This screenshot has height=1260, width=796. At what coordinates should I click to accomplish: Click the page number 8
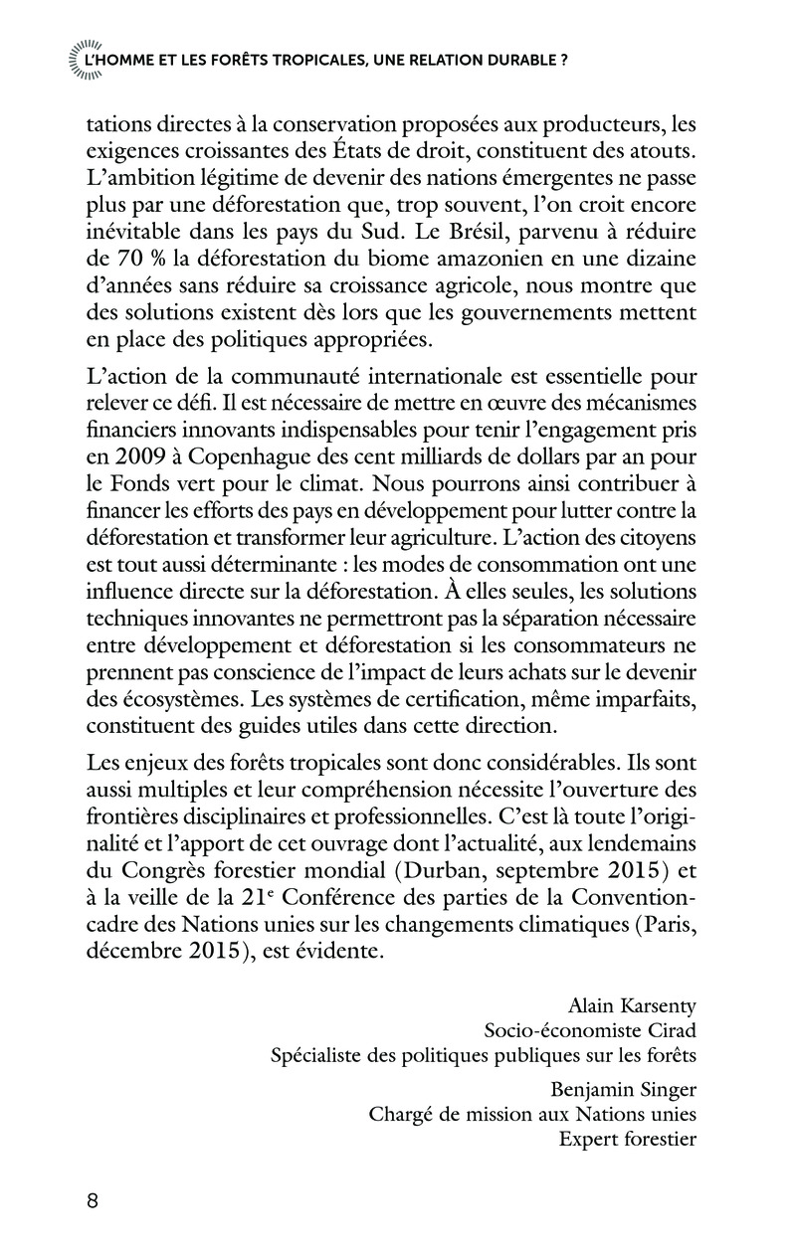tap(93, 1199)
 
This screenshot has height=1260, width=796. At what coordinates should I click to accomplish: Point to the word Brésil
tap(457, 258)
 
